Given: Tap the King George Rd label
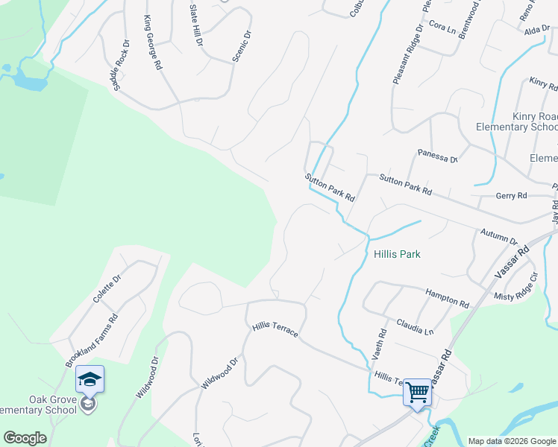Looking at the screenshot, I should (153, 42).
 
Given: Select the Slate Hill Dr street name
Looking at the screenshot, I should (196, 25).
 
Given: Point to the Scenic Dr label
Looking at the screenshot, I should (240, 46).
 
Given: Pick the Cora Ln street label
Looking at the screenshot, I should (442, 28).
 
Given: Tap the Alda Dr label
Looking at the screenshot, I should (536, 29).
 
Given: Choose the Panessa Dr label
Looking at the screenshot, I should (437, 158).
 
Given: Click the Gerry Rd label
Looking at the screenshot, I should (511, 196).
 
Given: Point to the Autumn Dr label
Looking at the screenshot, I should (499, 237).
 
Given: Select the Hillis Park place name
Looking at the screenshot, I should (396, 254).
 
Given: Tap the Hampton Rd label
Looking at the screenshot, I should (447, 298).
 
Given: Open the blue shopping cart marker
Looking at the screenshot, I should (418, 391).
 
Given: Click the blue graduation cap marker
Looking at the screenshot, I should (90, 380).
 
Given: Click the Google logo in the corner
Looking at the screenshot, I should (25, 438).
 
